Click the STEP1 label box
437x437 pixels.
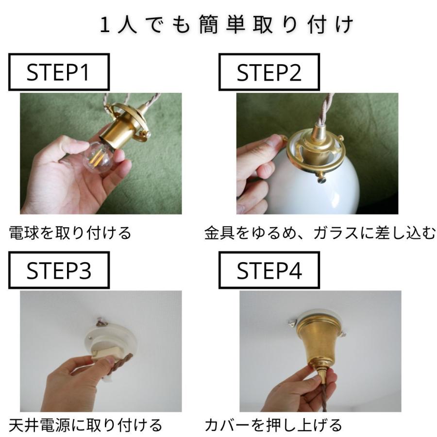[58, 73]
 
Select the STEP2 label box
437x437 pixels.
[269, 73]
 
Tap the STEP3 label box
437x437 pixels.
[58, 270]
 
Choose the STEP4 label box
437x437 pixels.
[269, 270]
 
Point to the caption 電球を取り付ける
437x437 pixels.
[70, 233]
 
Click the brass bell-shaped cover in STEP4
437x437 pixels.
[316, 347]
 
